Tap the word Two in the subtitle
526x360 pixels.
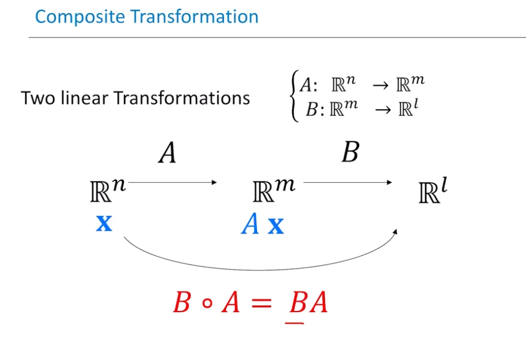38,98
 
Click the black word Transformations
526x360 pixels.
182,98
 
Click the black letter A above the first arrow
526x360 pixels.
167,152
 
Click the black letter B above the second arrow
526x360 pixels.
351,152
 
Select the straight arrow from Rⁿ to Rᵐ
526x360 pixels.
173,182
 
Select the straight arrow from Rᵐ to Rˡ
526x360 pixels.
347,182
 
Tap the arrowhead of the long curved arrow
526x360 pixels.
395,232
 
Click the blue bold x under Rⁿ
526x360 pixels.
104,223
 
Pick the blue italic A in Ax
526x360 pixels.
250,223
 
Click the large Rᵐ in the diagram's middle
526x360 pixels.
274,191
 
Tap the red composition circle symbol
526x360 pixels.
208,303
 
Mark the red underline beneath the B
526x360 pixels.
295,323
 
